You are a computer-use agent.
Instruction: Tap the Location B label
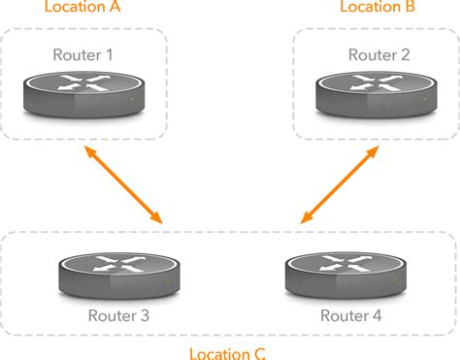point(378,8)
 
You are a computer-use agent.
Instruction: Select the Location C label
point(226,353)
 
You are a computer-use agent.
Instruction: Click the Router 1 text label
point(82,55)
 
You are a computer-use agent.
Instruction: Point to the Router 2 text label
point(378,55)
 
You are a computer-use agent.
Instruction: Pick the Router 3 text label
point(118,315)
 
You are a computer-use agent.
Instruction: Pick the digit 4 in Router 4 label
point(378,315)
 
